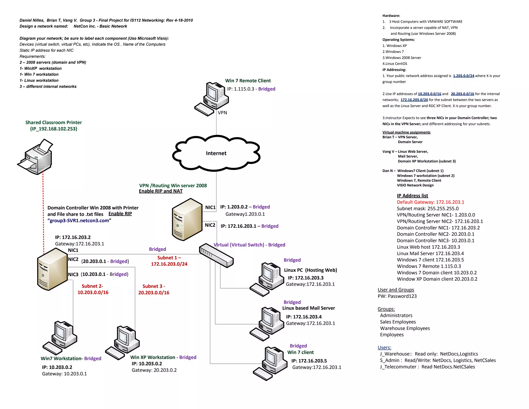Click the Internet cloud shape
[x=216, y=153]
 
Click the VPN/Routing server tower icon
[x=187, y=220]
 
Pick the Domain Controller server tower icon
[x=52, y=269]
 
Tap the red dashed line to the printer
[x=43, y=212]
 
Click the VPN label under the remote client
[x=222, y=113]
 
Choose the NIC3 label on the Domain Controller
[x=73, y=274]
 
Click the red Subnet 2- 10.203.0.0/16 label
[x=93, y=289]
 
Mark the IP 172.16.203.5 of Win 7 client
[x=309, y=361]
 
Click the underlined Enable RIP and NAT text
[x=160, y=191]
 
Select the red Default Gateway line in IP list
[x=430, y=202]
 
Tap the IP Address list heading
[x=412, y=196]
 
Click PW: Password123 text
[x=397, y=296]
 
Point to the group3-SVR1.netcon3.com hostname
[x=79, y=221]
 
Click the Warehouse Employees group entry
[x=405, y=328]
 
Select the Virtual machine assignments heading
[x=406, y=132]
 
